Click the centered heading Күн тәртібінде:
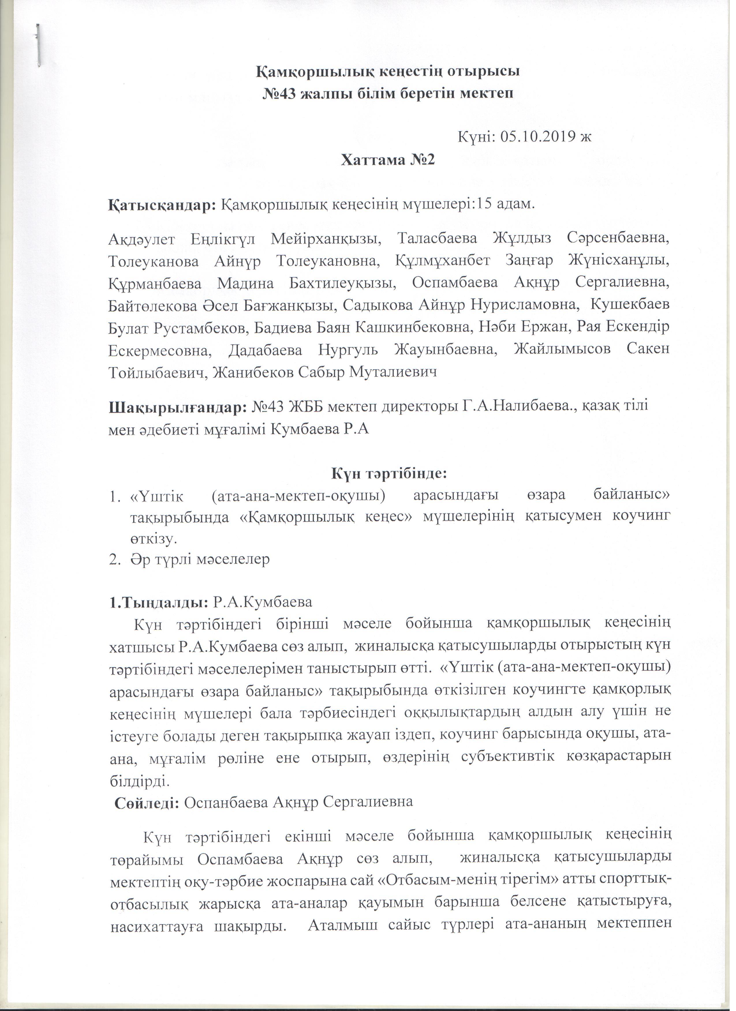389,473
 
